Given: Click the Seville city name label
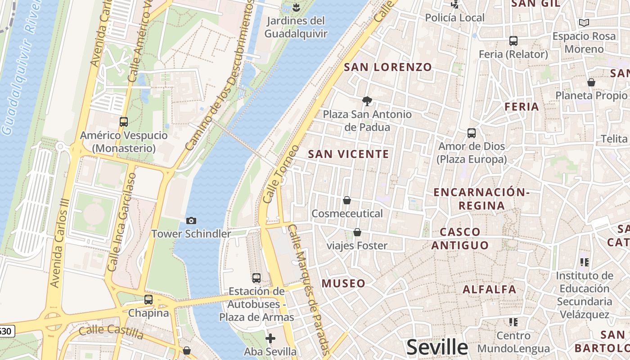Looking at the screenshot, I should pos(437,347).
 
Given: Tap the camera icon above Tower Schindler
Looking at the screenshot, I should pos(191,220).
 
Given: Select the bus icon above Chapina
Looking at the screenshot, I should pos(148,300).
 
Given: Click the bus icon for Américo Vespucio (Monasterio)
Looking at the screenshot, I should pos(124,122).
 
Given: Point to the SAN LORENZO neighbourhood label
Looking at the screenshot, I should pos(388,67).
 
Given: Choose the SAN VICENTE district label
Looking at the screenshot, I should pos(348,154).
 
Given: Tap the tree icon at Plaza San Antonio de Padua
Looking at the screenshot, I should pos(367,101).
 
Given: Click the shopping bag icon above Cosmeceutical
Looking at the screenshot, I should pos(347,200).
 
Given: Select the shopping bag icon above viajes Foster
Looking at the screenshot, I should pos(357,232).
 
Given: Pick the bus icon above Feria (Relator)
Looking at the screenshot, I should pos(513,41).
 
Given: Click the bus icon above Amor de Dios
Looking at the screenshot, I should pos(472,133).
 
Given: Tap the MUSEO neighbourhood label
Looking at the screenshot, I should pos(343,283).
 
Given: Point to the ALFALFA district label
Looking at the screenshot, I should pos(489,289).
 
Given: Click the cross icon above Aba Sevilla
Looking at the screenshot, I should pos(270,338).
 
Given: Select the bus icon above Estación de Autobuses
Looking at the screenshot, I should pos(256,278).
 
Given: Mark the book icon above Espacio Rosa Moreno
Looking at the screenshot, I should pos(584,23).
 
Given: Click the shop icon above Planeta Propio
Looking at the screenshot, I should pos(591,82).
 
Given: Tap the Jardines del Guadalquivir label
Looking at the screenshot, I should pos(296,27).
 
